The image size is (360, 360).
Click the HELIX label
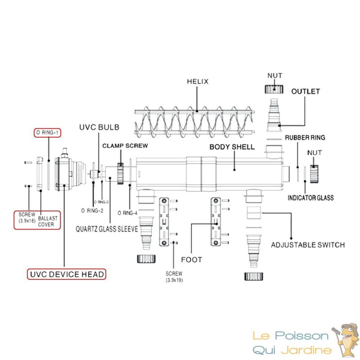tap(198, 81)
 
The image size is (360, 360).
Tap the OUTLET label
tap(306, 91)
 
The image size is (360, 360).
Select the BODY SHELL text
tap(232, 147)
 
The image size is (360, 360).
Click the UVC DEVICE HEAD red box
tap(66, 274)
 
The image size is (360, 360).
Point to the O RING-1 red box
tap(47, 133)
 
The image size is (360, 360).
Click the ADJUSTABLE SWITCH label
tap(308, 245)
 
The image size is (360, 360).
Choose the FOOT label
tap(191, 260)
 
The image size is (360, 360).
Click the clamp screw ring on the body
tap(120, 172)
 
